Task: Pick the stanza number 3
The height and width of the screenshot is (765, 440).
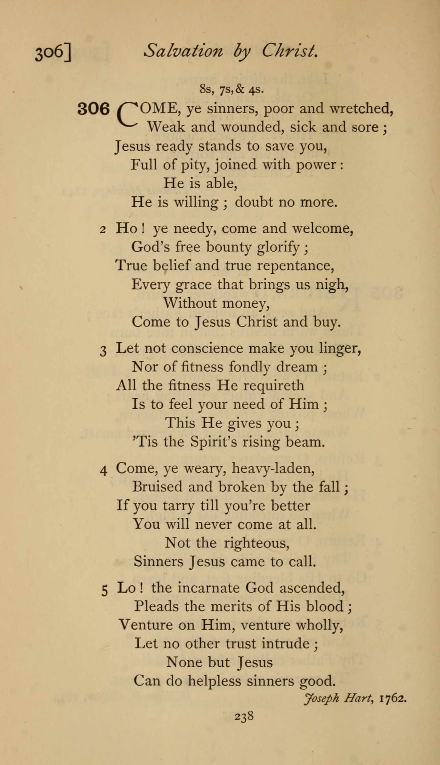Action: [x=103, y=351]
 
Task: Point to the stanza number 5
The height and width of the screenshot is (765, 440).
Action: [x=104, y=590]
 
